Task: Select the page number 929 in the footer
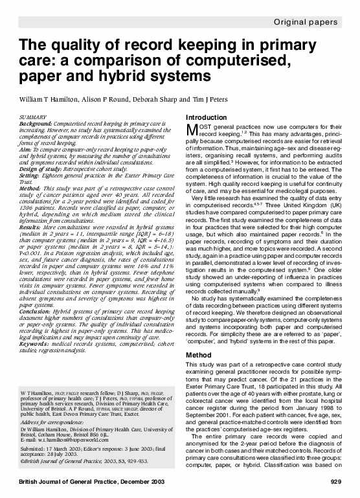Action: pos(335,482)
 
